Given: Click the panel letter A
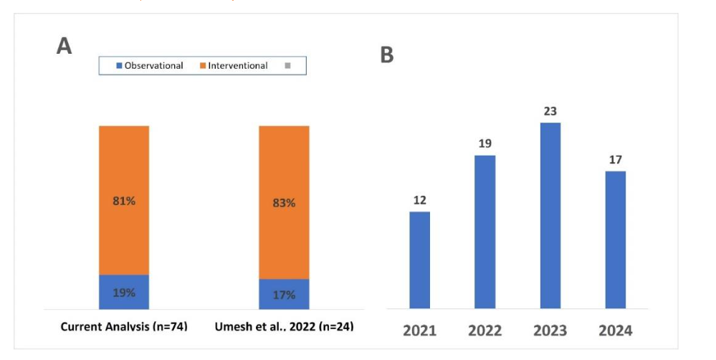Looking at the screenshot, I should pyautogui.click(x=64, y=47).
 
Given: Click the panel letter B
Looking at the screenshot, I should pyautogui.click(x=386, y=55).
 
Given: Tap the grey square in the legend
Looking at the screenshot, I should pyautogui.click(x=288, y=66).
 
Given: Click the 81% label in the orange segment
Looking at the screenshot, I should pyautogui.click(x=124, y=201).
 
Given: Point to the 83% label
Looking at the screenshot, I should pyautogui.click(x=284, y=203).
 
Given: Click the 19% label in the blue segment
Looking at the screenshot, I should pyautogui.click(x=124, y=293).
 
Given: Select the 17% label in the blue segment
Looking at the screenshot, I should pyautogui.click(x=284, y=294).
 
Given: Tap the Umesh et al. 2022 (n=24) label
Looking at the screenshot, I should pyautogui.click(x=284, y=326).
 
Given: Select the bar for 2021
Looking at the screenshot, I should pyautogui.click(x=419, y=260).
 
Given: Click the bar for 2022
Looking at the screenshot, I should pyautogui.click(x=485, y=232).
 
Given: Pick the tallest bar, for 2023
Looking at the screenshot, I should pyautogui.click(x=550, y=215).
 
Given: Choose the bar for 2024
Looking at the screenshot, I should pyautogui.click(x=615, y=240).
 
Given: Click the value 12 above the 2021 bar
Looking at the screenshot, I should pyautogui.click(x=419, y=200).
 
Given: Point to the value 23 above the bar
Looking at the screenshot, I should pyautogui.click(x=550, y=111).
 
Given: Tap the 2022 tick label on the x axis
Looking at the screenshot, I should pyautogui.click(x=485, y=331).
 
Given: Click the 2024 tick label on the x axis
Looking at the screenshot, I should pyautogui.click(x=616, y=331).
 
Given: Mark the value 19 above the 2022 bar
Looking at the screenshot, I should pyautogui.click(x=485, y=144).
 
